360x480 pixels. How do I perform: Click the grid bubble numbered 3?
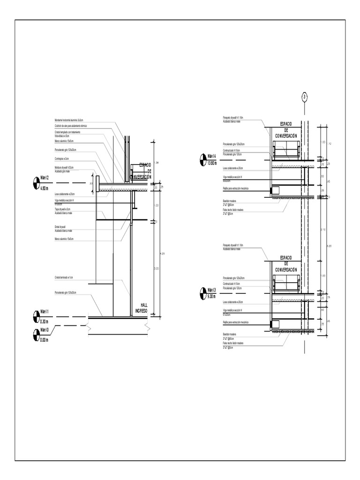pos(305,97)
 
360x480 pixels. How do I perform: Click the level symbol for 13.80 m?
pos(202,159)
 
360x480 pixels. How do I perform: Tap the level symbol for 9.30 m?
pos(202,293)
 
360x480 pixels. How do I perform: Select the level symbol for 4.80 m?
pos(37,183)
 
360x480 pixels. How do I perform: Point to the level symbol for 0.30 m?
pos(37,316)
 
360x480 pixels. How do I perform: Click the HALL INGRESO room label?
pos(141,307)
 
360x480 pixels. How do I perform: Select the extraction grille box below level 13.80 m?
pos(274,190)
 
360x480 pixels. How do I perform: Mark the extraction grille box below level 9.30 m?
pos(274,323)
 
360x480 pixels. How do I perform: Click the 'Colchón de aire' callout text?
pos(71,126)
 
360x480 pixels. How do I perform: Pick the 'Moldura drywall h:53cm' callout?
pos(64,167)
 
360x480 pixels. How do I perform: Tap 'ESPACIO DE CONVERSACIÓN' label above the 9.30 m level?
pos(286,264)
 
